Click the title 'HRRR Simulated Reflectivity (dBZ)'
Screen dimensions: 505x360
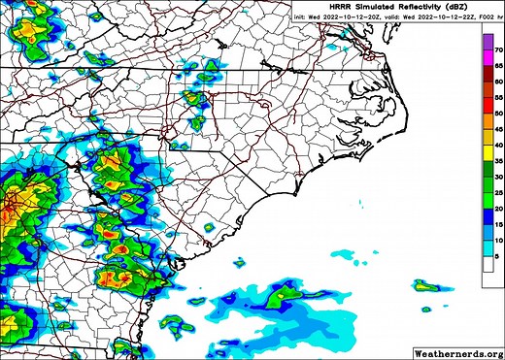tap(401, 6)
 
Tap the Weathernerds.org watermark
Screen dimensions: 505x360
tap(458, 352)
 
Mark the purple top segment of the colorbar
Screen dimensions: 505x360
tap(488, 44)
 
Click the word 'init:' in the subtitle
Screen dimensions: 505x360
tap(306, 16)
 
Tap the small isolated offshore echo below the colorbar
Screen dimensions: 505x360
tap(425, 285)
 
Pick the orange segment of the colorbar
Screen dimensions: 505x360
tap(488, 126)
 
